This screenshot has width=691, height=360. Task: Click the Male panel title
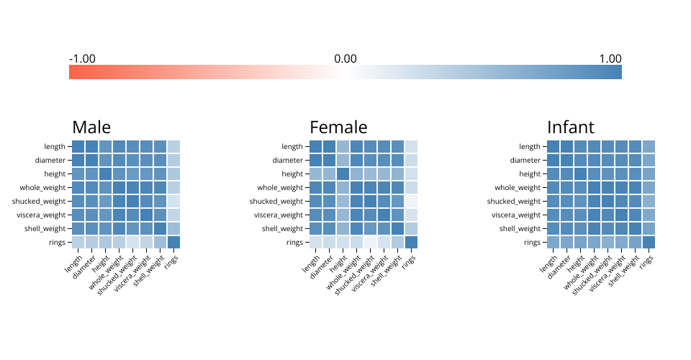tap(91, 127)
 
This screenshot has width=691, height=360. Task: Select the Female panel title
tap(338, 127)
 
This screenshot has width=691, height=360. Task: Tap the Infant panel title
tap(571, 127)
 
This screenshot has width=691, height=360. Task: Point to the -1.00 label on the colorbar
tap(82, 58)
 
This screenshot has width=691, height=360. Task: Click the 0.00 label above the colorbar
tap(345, 58)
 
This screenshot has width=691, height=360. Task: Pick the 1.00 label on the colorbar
tap(610, 58)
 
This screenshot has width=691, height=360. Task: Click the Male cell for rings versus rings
tap(173, 242)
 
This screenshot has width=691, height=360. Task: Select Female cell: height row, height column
tap(343, 174)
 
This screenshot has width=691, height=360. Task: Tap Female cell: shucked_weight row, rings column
tap(411, 201)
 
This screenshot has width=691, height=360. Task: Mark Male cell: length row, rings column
tap(173, 146)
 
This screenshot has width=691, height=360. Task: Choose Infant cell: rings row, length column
tap(554, 242)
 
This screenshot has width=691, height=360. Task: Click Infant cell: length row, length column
tap(554, 146)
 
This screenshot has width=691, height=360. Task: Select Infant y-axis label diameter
tap(525, 160)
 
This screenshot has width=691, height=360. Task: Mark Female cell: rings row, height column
tap(343, 242)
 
